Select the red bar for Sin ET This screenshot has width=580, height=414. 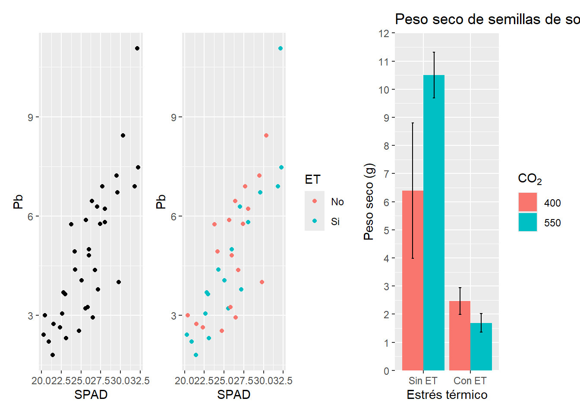click(x=413, y=280)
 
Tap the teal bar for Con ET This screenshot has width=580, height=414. click(x=481, y=347)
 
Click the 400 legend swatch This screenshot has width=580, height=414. click(x=527, y=202)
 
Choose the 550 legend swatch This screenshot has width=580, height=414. click(x=527, y=222)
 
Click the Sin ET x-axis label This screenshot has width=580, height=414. click(x=423, y=381)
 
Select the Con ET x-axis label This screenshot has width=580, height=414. click(x=470, y=381)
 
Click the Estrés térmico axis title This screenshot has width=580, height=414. click(x=447, y=395)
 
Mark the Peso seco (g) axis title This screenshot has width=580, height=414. click(x=369, y=201)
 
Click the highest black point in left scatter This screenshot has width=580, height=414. click(x=137, y=48)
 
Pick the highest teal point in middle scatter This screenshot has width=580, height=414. click(x=281, y=48)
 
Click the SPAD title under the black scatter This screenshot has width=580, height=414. click(x=91, y=395)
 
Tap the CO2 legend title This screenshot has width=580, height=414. click(x=530, y=179)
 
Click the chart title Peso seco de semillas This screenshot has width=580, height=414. click(x=487, y=19)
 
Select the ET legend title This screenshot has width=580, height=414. click(x=312, y=179)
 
